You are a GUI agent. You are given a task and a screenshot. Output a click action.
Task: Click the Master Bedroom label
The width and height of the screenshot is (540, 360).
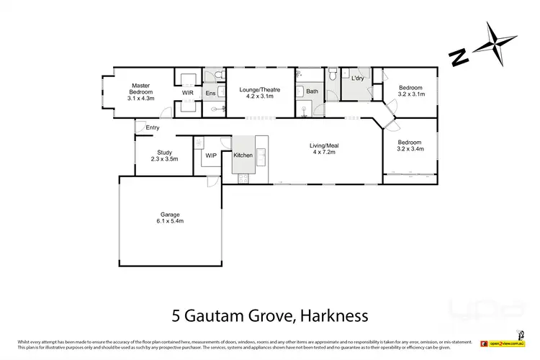pyautogui.click(x=140, y=92)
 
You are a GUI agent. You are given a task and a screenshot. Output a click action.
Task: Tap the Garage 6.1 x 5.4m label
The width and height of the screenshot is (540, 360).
pyautogui.click(x=171, y=218)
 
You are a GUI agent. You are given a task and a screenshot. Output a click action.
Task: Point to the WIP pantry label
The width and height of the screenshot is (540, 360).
pyautogui.click(x=211, y=156)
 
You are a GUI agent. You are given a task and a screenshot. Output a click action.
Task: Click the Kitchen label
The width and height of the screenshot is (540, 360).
pyautogui.click(x=243, y=156)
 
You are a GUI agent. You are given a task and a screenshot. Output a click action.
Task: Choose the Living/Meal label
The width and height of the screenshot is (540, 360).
pyautogui.click(x=325, y=149)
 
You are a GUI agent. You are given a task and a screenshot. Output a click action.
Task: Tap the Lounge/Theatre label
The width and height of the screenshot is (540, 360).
pyautogui.click(x=259, y=93)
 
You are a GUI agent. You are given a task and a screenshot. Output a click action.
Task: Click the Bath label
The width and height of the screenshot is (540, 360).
pyautogui.click(x=312, y=91)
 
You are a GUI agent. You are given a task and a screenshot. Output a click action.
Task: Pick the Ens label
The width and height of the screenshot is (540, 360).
pyautogui.click(x=211, y=93)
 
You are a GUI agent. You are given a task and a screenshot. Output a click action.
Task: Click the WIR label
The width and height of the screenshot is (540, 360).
pyautogui.click(x=187, y=93)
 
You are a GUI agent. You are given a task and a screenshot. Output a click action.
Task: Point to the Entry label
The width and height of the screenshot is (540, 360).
pyautogui.click(x=152, y=128)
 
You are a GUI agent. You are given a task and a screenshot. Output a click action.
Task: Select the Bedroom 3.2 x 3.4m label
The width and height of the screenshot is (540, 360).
pyautogui.click(x=410, y=145)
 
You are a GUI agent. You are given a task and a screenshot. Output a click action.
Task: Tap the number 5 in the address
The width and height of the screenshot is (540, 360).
pyautogui.click(x=176, y=315)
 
